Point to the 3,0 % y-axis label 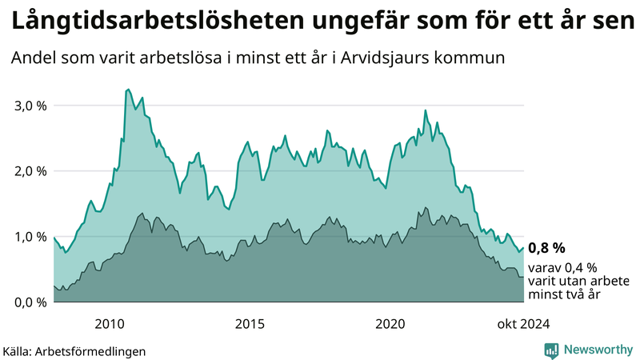pyautogui.click(x=30, y=106)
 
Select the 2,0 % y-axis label pyautogui.click(x=30, y=171)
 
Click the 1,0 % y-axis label pyautogui.click(x=30, y=237)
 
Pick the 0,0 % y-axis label pyautogui.click(x=30, y=302)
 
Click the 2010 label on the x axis pyautogui.click(x=109, y=323)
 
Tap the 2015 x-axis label pyautogui.click(x=250, y=323)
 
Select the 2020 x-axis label pyautogui.click(x=390, y=323)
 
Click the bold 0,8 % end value pyautogui.click(x=547, y=247)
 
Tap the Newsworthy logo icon pyautogui.click(x=551, y=350)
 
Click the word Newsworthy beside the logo pyautogui.click(x=597, y=350)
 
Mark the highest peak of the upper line pyautogui.click(x=128, y=90)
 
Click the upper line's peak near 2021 pyautogui.click(x=426, y=110)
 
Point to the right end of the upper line pyautogui.click(x=524, y=248)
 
